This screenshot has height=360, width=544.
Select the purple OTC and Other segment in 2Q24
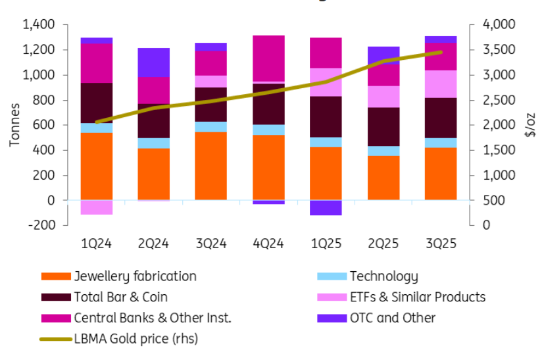point(153,63)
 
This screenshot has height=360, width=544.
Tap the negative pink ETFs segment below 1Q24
point(96,207)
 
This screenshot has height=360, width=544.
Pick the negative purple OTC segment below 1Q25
point(326,207)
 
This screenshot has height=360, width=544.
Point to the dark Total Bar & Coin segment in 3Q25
point(441,118)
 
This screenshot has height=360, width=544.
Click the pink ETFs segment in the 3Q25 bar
point(441,84)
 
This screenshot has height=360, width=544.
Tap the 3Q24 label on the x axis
point(210,244)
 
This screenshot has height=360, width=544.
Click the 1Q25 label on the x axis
point(326,244)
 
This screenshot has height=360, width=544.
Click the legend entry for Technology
point(383,276)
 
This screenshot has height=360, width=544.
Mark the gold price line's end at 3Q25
point(441,52)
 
